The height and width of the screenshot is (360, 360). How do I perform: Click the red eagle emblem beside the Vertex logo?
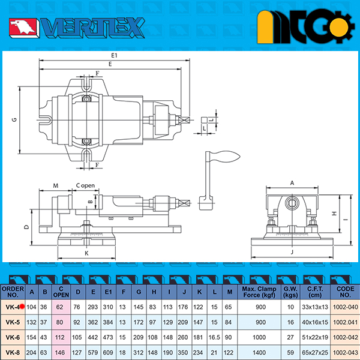[23, 28]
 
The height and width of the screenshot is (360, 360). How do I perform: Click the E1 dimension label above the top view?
[114, 55]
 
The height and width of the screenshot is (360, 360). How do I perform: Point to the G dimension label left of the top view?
[14, 119]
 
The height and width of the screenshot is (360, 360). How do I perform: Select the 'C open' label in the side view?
[85, 185]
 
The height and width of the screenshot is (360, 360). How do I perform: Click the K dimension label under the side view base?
[86, 253]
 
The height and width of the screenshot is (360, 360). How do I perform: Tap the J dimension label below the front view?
[292, 252]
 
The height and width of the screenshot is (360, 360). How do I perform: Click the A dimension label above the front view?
[292, 183]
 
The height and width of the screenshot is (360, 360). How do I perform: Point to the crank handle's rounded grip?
[226, 157]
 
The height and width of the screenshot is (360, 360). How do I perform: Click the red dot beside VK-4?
[22, 306]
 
